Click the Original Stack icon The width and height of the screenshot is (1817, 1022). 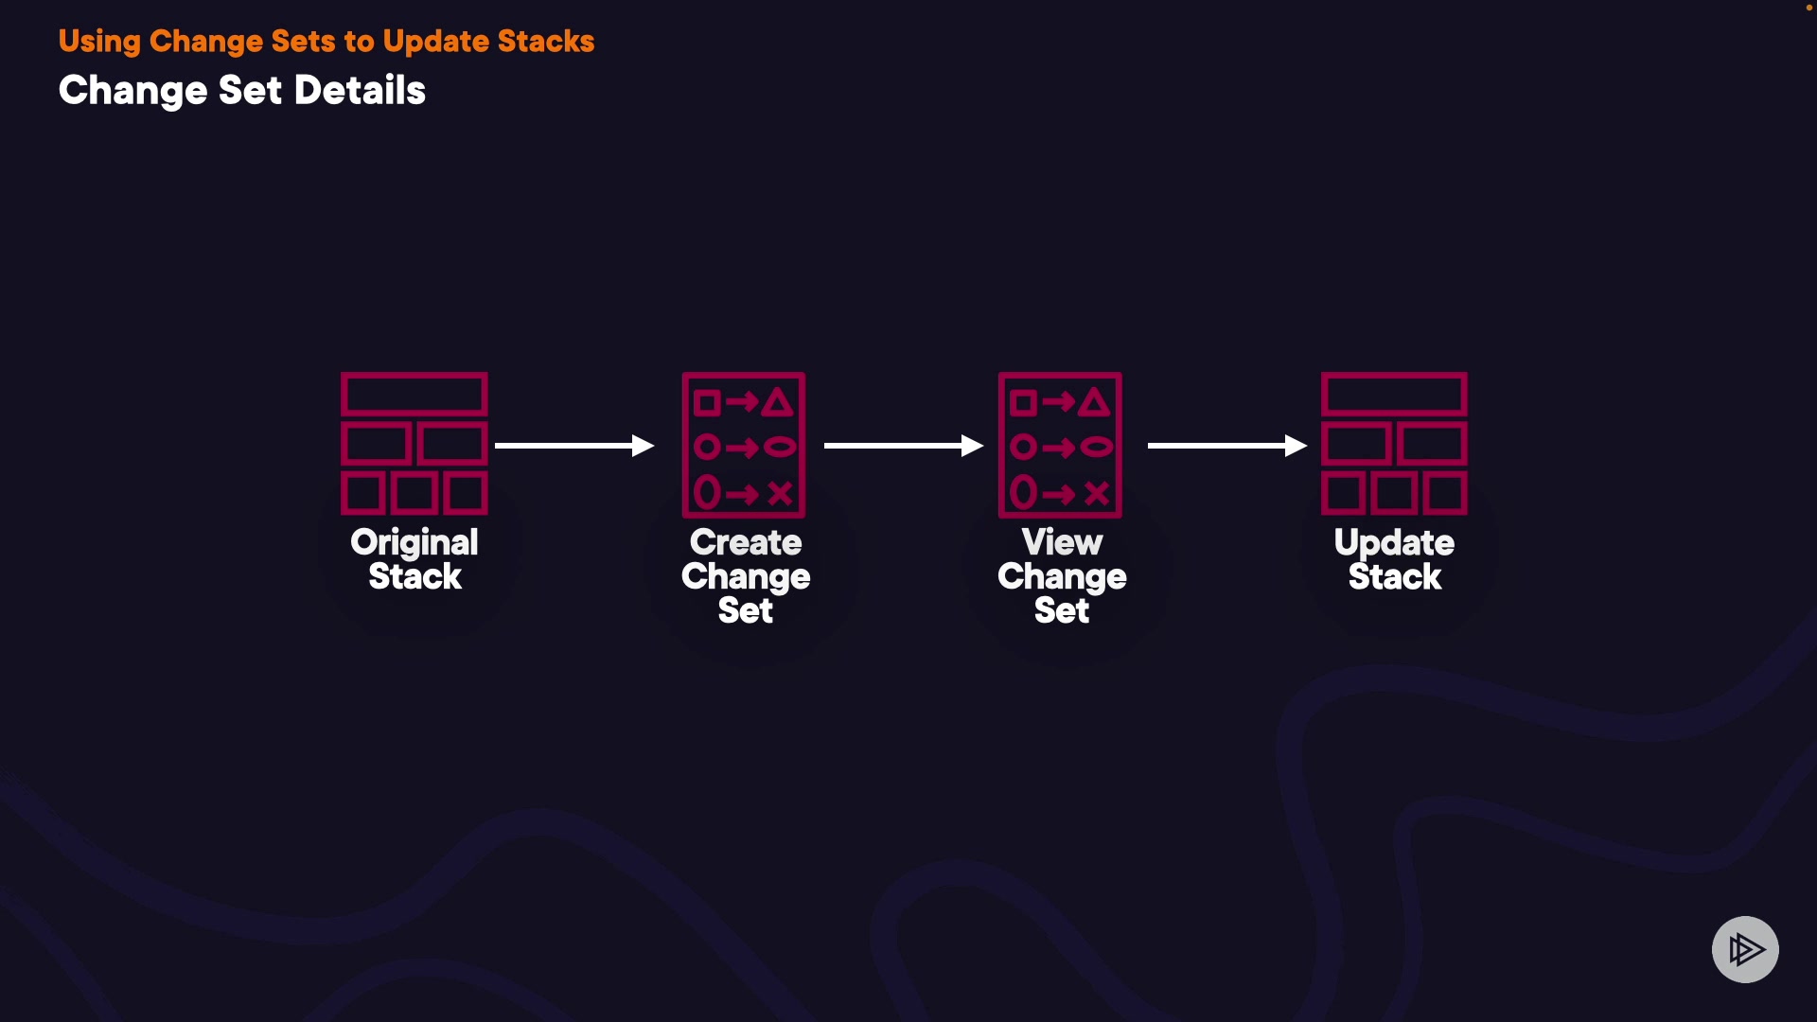(415, 444)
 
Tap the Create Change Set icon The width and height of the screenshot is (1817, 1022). (744, 445)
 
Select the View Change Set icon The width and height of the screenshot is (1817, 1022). (1060, 445)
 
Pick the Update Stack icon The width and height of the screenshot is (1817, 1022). (1395, 444)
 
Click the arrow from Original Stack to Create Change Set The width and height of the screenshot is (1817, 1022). (574, 446)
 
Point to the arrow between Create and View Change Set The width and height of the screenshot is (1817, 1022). (904, 446)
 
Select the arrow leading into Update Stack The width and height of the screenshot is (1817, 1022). (1227, 446)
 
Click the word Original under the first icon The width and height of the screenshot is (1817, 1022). (415, 543)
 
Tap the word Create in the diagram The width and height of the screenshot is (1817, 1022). (746, 542)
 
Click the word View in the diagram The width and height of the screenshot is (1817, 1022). (1062, 542)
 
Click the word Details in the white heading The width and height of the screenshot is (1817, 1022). (360, 91)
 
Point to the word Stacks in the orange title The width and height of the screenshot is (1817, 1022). (546, 42)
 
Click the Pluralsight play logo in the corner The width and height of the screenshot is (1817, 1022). (1745, 949)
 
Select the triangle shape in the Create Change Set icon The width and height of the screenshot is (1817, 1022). (778, 403)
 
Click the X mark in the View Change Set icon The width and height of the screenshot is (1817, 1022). (1097, 493)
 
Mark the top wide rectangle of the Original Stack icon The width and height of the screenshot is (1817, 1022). (415, 395)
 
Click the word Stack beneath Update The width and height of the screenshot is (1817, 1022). (1395, 576)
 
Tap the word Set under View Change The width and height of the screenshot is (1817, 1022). (1062, 610)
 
